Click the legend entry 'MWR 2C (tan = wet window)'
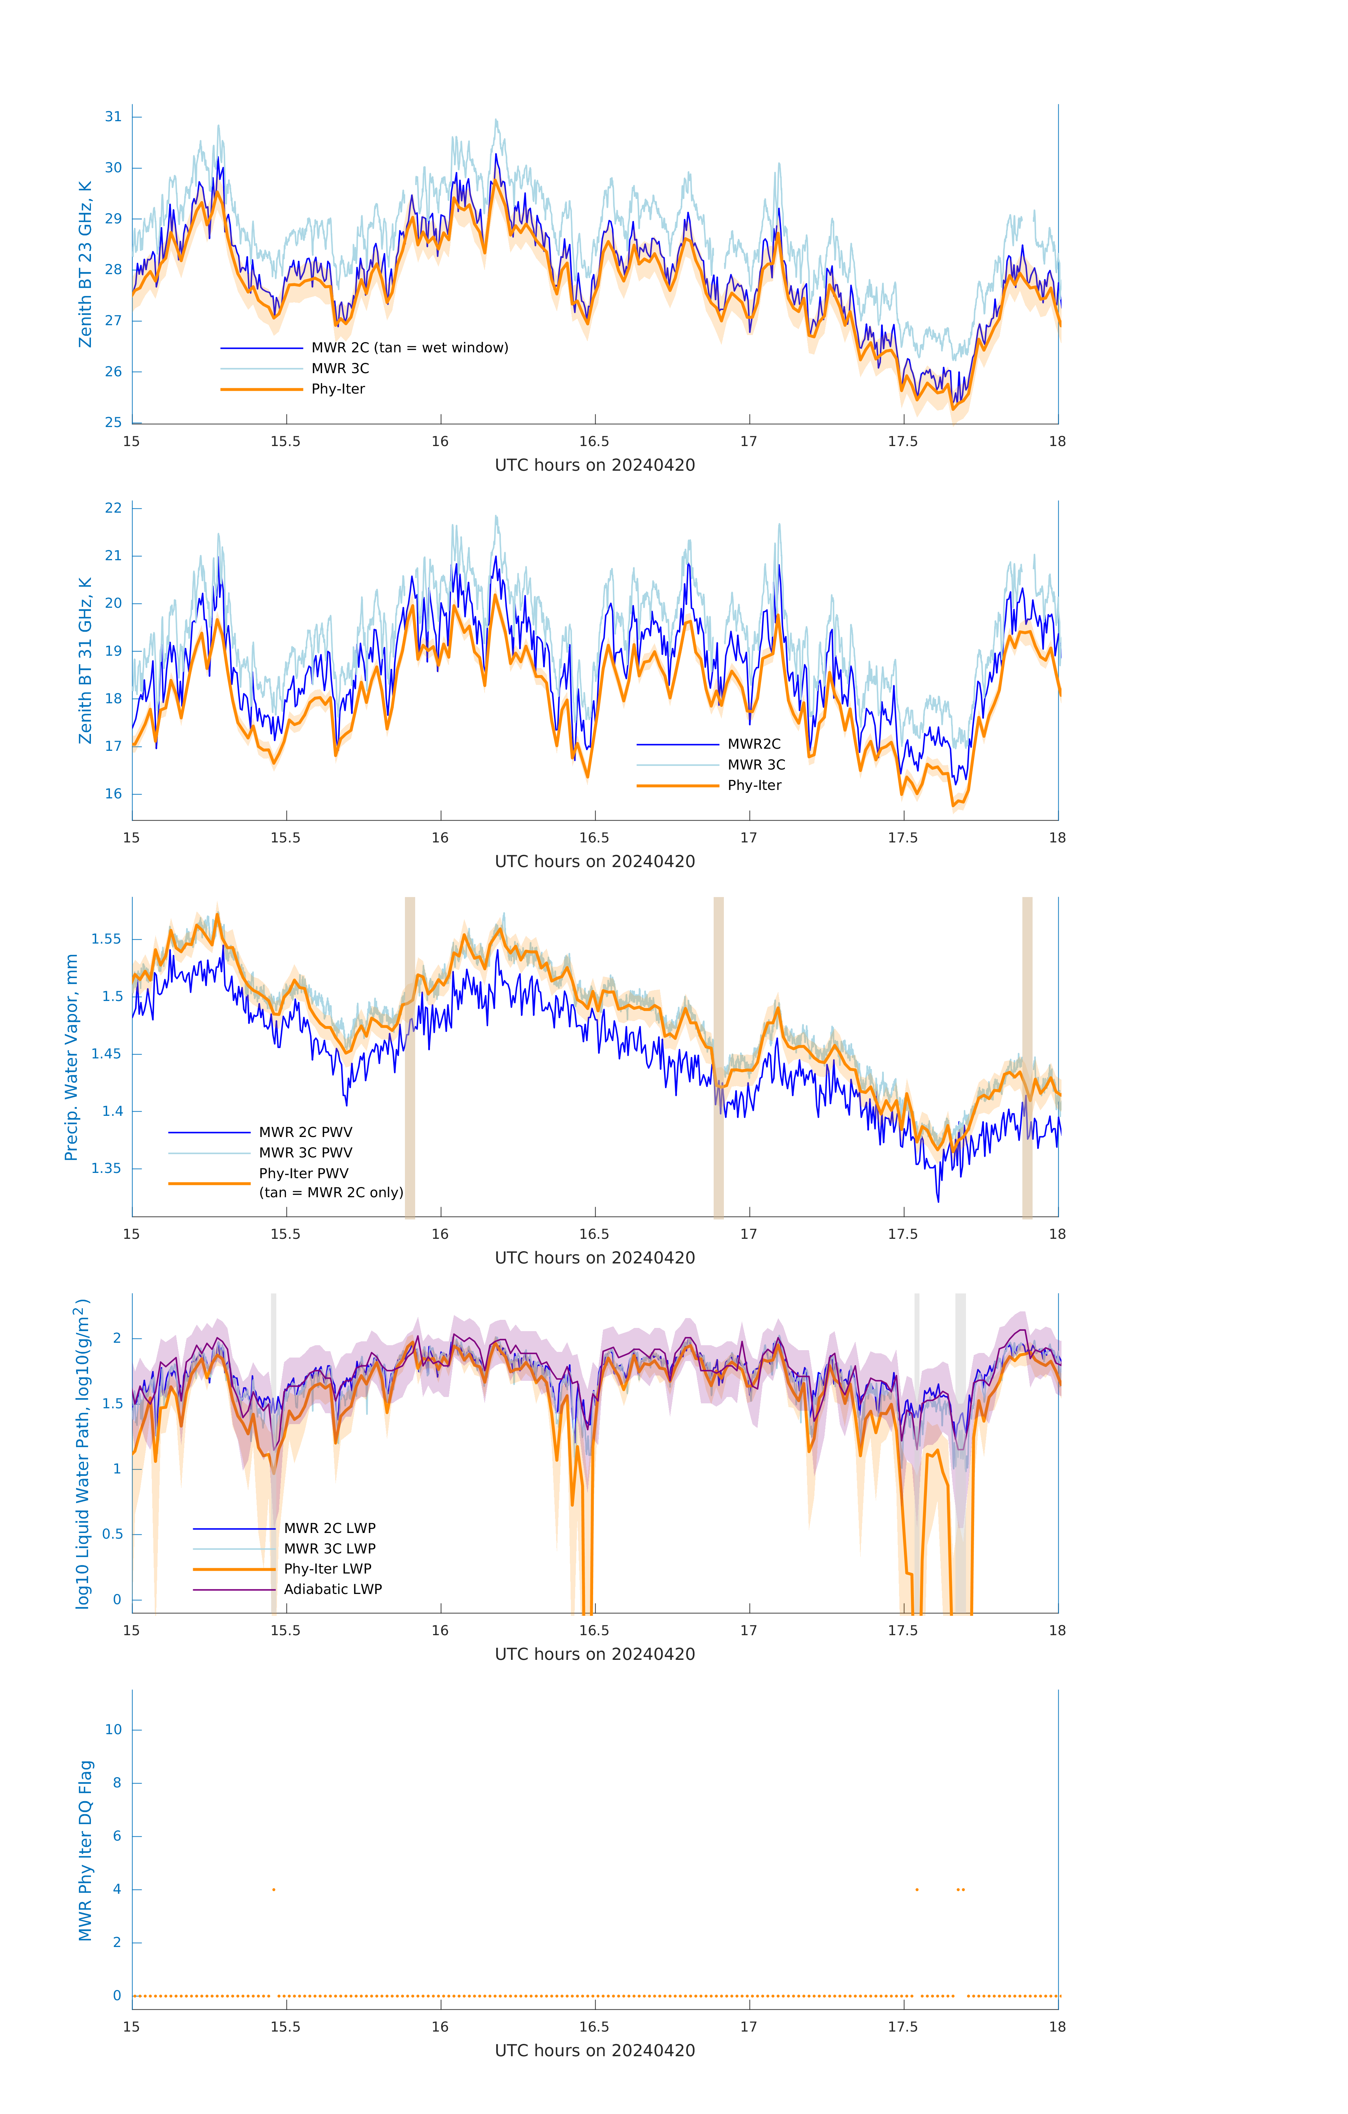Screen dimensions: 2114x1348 (x=409, y=348)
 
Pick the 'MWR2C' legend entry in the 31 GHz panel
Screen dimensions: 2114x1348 (x=753, y=743)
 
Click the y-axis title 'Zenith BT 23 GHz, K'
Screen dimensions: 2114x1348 (x=85, y=264)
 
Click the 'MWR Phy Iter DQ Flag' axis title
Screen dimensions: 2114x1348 (x=85, y=1850)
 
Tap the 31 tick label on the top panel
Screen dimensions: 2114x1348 (x=113, y=117)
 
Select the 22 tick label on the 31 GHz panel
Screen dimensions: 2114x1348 (x=113, y=508)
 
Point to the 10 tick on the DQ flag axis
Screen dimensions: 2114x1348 (x=113, y=1730)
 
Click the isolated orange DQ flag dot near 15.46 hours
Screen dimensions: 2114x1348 (x=274, y=1889)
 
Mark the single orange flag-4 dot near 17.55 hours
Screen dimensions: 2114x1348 (x=917, y=1889)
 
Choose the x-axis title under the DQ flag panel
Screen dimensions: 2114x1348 (x=595, y=2051)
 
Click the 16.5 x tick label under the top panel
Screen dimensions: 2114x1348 (x=595, y=441)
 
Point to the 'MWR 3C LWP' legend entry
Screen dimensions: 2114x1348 (x=329, y=1549)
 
